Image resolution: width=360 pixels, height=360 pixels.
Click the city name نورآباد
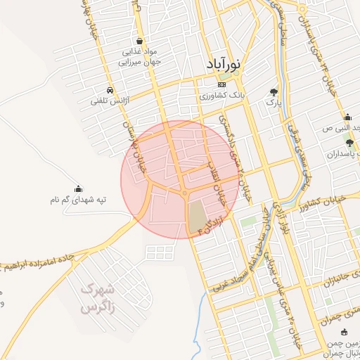(x=224, y=65)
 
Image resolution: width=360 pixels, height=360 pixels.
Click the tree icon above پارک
(x=274, y=91)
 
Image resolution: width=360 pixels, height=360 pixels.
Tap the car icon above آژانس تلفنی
(x=109, y=90)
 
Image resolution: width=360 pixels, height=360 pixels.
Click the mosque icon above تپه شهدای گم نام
(x=78, y=188)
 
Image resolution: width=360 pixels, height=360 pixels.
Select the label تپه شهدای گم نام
(x=77, y=200)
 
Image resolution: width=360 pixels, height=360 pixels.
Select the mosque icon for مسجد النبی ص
(x=347, y=117)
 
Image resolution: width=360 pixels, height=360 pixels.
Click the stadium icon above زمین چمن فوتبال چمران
(x=343, y=333)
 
